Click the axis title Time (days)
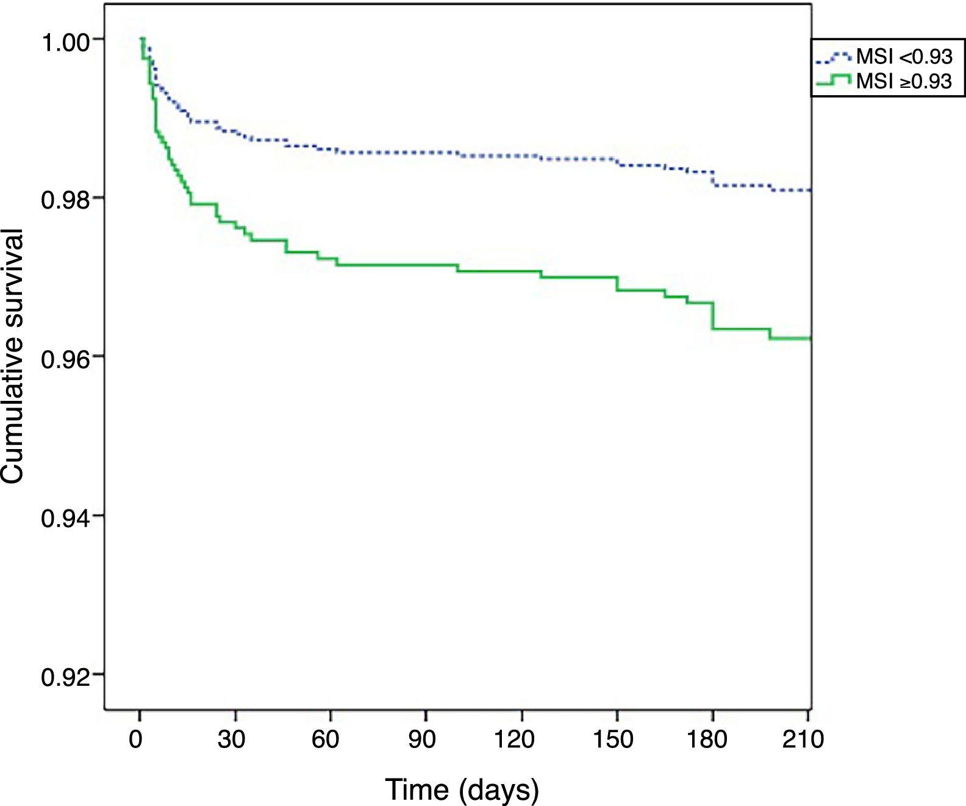pyautogui.click(x=462, y=790)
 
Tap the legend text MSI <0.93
pyautogui.click(x=904, y=57)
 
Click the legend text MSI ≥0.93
pyautogui.click(x=904, y=81)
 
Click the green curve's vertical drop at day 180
pyautogui.click(x=712, y=316)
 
